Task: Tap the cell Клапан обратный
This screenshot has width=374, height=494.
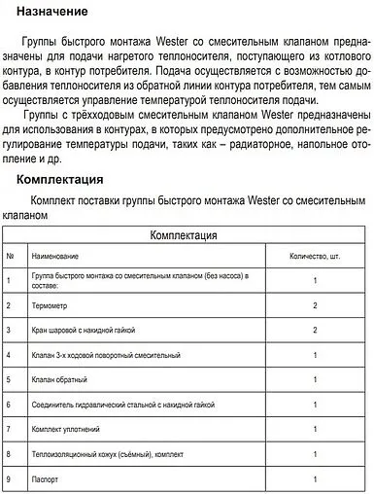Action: (x=60, y=379)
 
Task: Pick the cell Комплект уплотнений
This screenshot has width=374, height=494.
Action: (x=68, y=428)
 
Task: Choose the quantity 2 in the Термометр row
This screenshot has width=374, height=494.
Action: (x=316, y=305)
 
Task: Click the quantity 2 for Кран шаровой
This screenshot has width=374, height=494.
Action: (x=316, y=331)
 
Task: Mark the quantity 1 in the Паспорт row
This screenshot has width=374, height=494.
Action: (x=316, y=477)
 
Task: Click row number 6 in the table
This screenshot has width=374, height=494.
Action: (x=10, y=404)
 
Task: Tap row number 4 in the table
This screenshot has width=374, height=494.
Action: (x=10, y=355)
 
